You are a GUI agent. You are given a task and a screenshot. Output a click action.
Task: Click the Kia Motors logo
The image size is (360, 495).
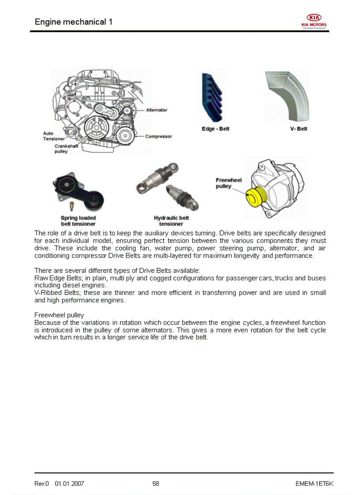pyautogui.click(x=314, y=21)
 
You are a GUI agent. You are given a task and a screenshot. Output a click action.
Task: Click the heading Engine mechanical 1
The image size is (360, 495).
pyautogui.click(x=73, y=22)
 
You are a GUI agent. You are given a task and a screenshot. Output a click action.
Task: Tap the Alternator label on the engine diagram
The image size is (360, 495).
pyautogui.click(x=157, y=110)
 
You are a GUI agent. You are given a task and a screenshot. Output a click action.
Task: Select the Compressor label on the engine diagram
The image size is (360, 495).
pyautogui.click(x=159, y=137)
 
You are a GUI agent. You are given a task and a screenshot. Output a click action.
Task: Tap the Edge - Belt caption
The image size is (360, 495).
pyautogui.click(x=215, y=129)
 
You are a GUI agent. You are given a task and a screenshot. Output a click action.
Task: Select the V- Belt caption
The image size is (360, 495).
pyautogui.click(x=299, y=129)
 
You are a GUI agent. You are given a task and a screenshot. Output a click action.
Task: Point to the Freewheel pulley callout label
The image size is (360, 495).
pyautogui.click(x=228, y=183)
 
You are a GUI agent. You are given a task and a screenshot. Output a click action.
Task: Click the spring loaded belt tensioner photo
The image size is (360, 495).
pyautogui.click(x=79, y=191)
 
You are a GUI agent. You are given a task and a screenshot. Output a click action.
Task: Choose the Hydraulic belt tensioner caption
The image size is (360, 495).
pyautogui.click(x=171, y=221)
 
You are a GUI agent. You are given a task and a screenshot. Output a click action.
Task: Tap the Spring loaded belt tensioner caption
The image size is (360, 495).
pyautogui.click(x=78, y=221)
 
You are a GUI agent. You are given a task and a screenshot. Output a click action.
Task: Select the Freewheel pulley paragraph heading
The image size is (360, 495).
pyautogui.click(x=59, y=315)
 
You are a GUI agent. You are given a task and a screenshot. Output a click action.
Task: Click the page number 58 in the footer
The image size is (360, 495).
pyautogui.click(x=156, y=484)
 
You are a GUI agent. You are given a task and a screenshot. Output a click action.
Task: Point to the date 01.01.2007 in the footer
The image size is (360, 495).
pyautogui.click(x=69, y=484)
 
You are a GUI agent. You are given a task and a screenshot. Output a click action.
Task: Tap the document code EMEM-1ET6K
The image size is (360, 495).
pyautogui.click(x=314, y=484)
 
